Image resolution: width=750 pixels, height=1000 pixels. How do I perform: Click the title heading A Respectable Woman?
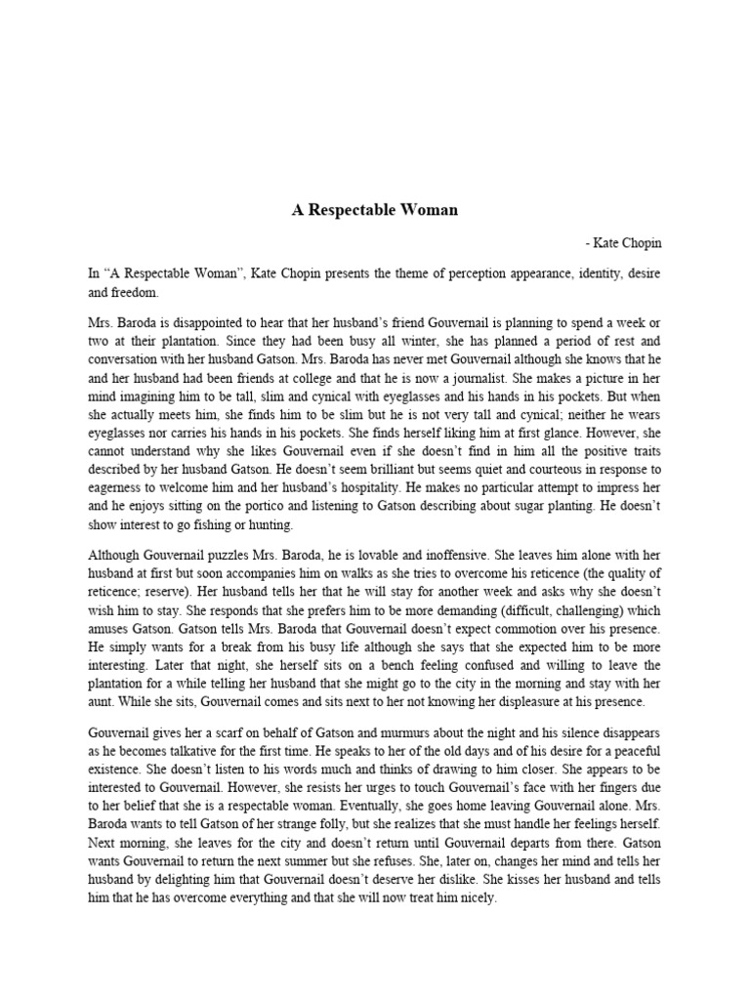(375, 210)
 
